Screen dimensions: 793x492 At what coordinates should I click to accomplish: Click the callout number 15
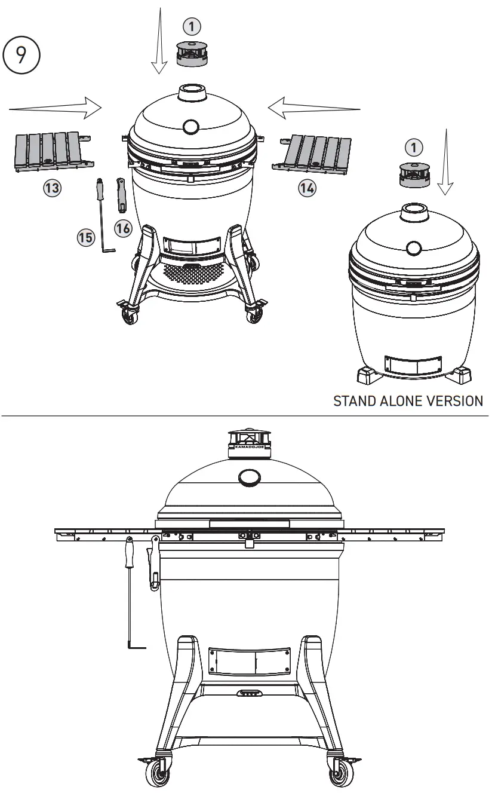coord(86,237)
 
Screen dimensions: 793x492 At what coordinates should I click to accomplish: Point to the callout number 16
coord(123,228)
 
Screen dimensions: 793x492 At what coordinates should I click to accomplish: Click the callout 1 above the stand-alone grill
coord(414,147)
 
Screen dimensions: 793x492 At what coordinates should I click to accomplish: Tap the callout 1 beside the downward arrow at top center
coord(192,26)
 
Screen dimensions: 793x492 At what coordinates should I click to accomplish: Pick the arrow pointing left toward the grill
coord(314,108)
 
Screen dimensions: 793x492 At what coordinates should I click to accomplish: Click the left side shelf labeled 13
coord(50,152)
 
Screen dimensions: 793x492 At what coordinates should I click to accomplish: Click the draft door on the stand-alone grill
coord(413,365)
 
